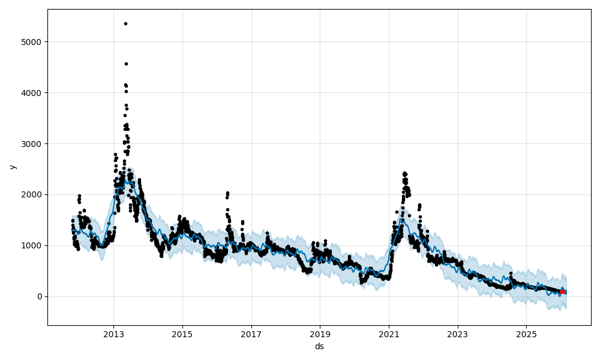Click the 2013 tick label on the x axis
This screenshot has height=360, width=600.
tap(113, 334)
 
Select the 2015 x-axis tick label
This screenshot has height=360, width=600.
tap(182, 334)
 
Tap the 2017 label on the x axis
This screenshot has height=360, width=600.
tap(251, 334)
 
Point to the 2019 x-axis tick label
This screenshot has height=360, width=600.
tap(320, 334)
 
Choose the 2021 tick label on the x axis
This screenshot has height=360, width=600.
tap(389, 334)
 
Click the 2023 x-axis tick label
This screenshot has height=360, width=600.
tap(458, 334)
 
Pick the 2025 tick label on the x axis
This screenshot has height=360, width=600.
tap(526, 334)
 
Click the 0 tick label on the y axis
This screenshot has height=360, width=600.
tap(39, 296)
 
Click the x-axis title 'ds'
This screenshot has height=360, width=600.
tap(319, 346)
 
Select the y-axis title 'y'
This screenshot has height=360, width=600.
tap(11, 167)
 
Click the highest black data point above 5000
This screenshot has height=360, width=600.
tap(125, 23)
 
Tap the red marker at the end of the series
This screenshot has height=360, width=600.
tap(562, 292)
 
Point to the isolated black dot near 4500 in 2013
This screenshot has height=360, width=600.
tap(126, 64)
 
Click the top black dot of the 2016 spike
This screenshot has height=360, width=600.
tap(227, 193)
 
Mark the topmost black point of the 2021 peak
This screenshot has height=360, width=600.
tap(404, 173)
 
